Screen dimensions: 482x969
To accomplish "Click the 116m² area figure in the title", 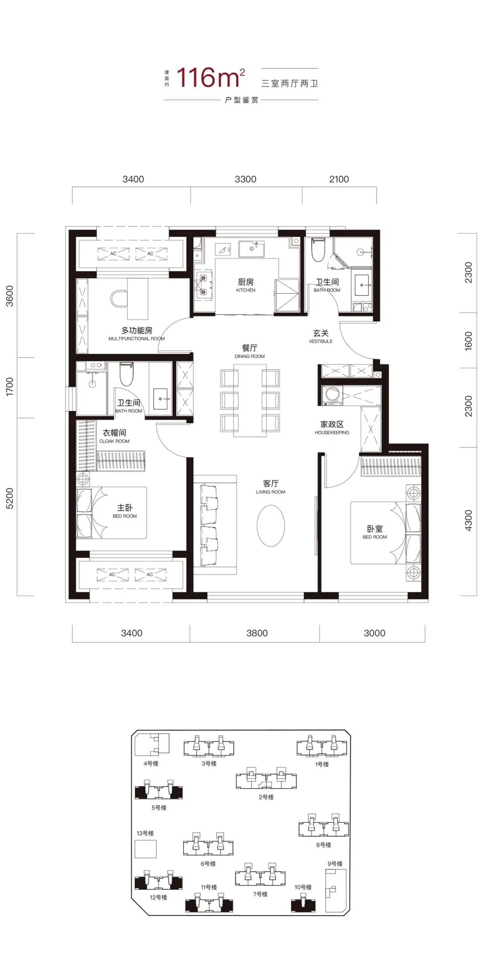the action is pos(211,78).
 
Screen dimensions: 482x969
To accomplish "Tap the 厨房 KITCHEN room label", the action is pos(246,285).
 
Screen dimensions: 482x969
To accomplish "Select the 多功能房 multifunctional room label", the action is pos(137,333).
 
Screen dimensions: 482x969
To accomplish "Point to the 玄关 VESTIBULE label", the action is pos(321,336).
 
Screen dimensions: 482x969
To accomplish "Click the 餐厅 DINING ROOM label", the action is pos(249,351).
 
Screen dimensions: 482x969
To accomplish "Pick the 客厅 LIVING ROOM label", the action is pos(270,487).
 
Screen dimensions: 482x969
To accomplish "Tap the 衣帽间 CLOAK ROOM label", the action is pos(114,436).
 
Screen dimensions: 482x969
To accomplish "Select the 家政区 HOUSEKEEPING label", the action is pos(332,427).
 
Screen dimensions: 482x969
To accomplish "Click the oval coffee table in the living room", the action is pos(271,526).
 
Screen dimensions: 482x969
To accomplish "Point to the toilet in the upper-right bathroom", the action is pos(318,250).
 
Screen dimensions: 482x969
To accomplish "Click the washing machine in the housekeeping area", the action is pos(332,395).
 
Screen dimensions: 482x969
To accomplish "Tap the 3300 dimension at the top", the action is pos(245,179).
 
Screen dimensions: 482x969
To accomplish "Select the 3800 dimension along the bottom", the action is pos(257,633).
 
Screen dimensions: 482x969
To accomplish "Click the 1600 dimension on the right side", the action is pos(468,341).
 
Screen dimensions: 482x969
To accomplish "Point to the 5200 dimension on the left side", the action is pos(9,498).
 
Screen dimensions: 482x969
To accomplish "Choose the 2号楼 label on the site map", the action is pos(266,797).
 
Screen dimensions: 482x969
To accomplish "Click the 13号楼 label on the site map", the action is pos(145,833).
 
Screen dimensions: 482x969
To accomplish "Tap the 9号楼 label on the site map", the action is pos(335,863).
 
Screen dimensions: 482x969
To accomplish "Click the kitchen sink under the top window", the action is pos(251,249).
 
